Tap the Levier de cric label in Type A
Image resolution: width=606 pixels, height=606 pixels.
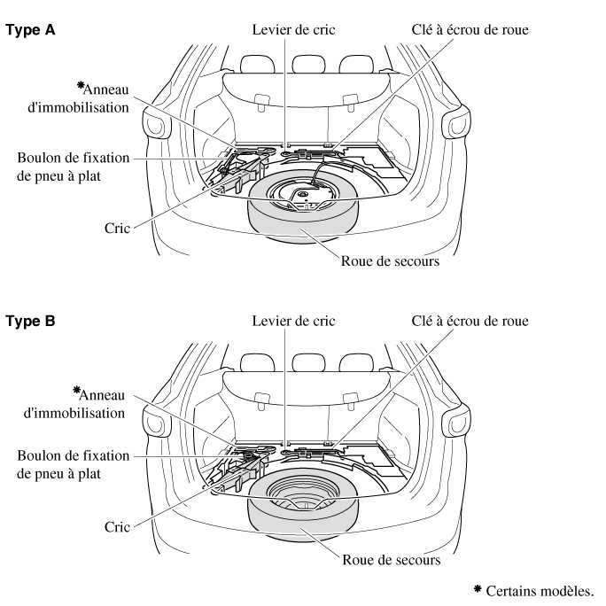click(x=286, y=30)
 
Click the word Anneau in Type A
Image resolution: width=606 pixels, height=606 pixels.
click(x=105, y=90)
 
